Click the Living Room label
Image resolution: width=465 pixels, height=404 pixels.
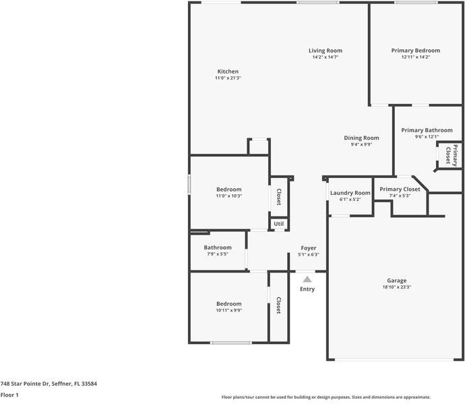[x=325, y=51]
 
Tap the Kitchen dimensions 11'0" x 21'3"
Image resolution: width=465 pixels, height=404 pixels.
[x=227, y=78]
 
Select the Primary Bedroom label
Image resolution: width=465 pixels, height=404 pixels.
[x=415, y=51]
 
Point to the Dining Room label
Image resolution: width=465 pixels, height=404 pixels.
[x=361, y=138]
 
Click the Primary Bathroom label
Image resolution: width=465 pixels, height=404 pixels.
[x=427, y=130]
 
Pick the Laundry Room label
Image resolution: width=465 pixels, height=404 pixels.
[x=350, y=193]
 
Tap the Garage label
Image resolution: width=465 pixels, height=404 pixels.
[x=396, y=281]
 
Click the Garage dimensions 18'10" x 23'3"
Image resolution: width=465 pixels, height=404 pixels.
[x=396, y=287]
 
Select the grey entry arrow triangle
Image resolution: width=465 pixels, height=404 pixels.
[x=307, y=279]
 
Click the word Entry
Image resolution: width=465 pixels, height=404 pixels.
[x=307, y=289]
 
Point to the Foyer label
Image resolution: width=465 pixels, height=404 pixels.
[x=308, y=248]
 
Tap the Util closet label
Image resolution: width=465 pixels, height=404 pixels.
[x=278, y=224]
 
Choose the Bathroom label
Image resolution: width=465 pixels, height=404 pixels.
[x=218, y=248]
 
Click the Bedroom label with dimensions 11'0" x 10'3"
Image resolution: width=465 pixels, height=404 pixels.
[x=228, y=190]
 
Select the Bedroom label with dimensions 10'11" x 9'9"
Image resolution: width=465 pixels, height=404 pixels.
[x=228, y=304]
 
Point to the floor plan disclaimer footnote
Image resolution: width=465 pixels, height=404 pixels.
[x=326, y=397]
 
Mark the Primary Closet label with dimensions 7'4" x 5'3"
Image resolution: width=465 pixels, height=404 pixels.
[x=400, y=190]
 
